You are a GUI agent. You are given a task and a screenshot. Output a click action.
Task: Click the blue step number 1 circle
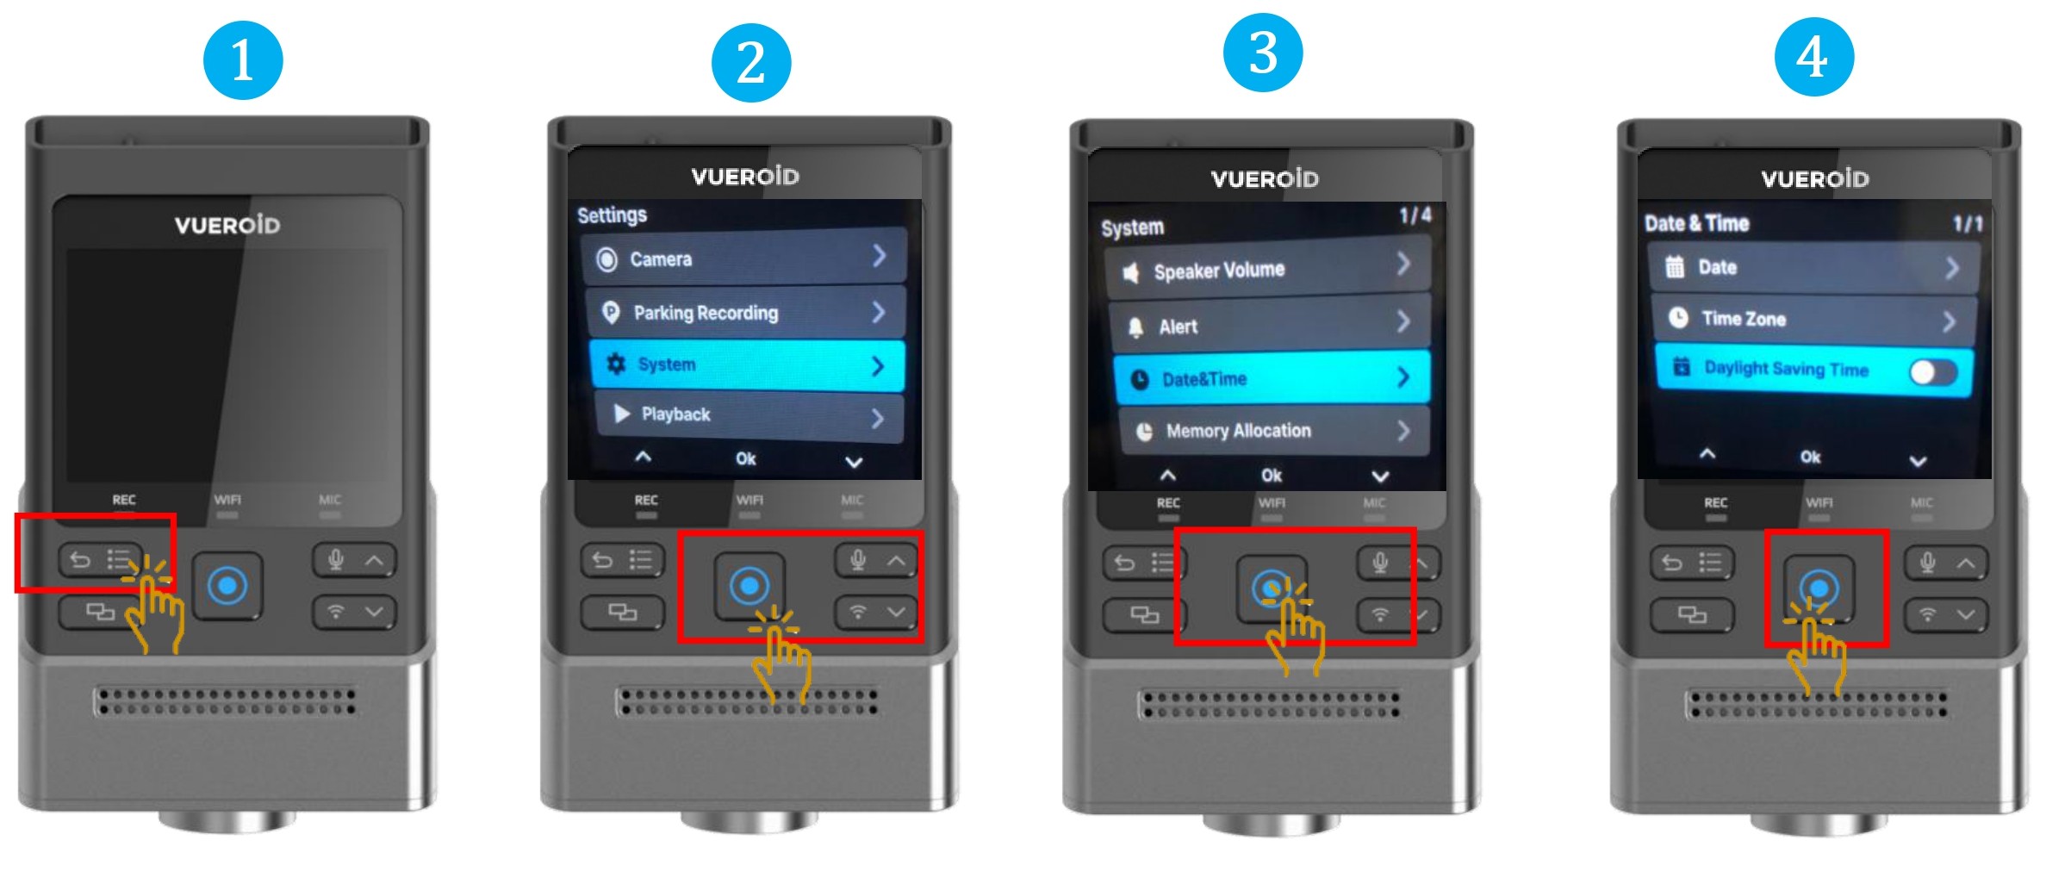[x=243, y=60]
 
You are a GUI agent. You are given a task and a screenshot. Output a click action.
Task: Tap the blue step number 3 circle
[x=1263, y=53]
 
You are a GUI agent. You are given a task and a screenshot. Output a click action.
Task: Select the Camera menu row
[x=745, y=258]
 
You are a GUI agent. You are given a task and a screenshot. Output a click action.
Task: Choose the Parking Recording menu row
[x=746, y=312]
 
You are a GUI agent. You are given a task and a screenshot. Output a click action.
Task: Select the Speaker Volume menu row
[x=1267, y=269]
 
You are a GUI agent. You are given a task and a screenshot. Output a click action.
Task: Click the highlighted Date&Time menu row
[x=1272, y=377]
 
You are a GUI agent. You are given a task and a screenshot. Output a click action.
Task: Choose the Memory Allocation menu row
[x=1274, y=430]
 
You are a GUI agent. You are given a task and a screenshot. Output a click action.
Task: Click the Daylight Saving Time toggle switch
[x=1933, y=372]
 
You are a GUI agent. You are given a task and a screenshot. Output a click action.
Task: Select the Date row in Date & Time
[x=1813, y=267]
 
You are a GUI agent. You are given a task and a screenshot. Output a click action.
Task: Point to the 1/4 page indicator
[x=1415, y=215]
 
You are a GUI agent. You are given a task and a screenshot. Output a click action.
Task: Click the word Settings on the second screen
[x=612, y=215]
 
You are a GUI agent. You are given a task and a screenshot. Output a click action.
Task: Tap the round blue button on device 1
[x=227, y=586]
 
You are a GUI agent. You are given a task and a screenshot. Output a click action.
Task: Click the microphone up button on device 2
[x=876, y=561]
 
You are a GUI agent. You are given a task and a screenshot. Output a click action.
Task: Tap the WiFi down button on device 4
[x=1945, y=614]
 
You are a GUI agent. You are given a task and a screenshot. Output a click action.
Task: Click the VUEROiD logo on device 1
[x=227, y=226]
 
